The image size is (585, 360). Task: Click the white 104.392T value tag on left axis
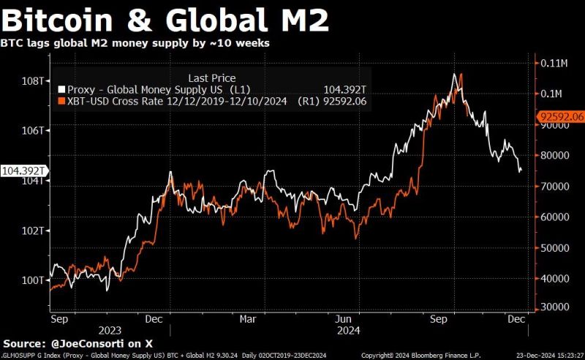[23, 170]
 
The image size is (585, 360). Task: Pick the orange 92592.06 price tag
[561, 116]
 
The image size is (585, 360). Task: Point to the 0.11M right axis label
[555, 63]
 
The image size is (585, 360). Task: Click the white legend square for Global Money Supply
[61, 89]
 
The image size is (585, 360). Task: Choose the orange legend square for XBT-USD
[61, 101]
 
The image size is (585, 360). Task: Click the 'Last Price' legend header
[212, 78]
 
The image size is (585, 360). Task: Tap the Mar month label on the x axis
[248, 319]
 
